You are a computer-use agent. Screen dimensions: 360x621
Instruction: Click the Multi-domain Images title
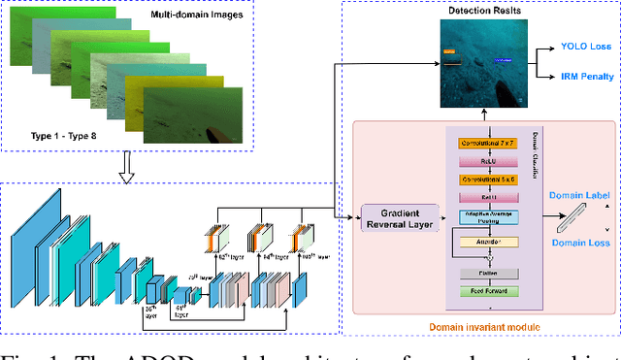[196, 17]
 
